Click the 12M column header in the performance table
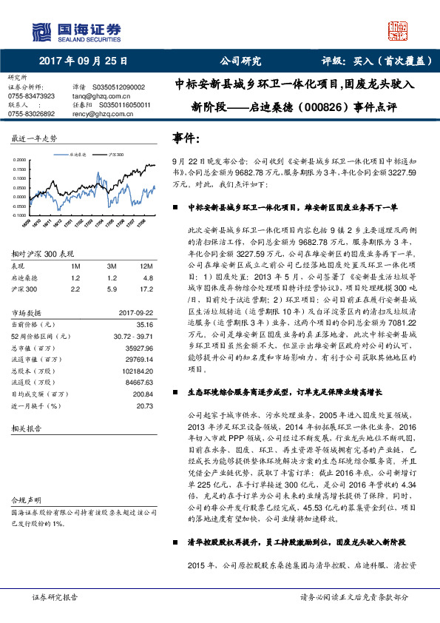pos(146,265)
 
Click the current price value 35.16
pos(144,324)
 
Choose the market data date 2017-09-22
pos(135,312)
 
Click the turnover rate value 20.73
pos(144,406)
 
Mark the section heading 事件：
pos(186,138)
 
